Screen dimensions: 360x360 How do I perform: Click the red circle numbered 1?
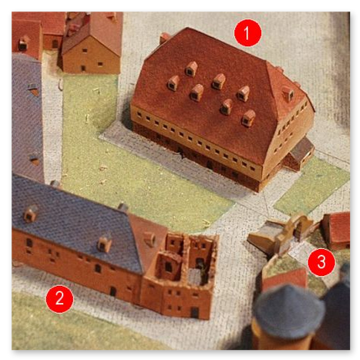tap(247, 33)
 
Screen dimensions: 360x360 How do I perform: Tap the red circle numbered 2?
tap(59, 299)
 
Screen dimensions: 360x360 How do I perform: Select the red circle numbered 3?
tap(321, 262)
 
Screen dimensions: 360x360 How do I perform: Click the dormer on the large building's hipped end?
tap(288, 93)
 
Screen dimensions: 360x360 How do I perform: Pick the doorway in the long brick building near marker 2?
tap(113, 291)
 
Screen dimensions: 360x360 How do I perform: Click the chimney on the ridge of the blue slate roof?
tap(123, 207)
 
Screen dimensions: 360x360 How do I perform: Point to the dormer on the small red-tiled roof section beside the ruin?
tap(150, 238)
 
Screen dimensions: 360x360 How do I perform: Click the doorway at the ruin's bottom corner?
tap(194, 312)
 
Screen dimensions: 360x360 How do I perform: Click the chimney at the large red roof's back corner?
tap(163, 38)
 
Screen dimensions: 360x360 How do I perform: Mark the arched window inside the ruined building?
tap(168, 267)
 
